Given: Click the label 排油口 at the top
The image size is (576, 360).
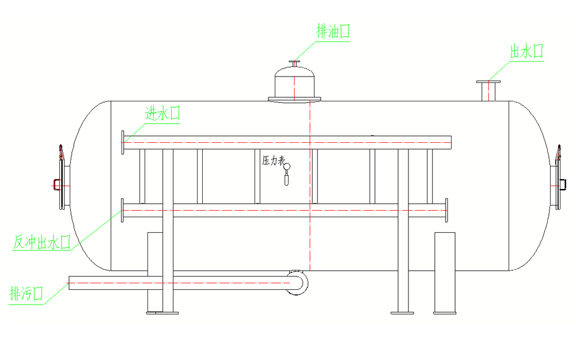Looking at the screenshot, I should pyautogui.click(x=333, y=31).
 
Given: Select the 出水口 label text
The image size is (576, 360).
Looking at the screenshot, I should pyautogui.click(x=526, y=51).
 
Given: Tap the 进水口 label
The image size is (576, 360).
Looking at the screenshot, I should pyautogui.click(x=162, y=113).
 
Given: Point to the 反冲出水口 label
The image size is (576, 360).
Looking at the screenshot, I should pyautogui.click(x=41, y=242).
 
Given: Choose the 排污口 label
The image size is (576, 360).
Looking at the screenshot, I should pyautogui.click(x=26, y=294).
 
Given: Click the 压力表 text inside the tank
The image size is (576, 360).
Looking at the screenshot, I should pyautogui.click(x=274, y=161).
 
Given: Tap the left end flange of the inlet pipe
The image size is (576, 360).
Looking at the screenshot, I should pyautogui.click(x=123, y=142).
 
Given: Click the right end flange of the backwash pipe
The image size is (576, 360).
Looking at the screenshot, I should pyautogui.click(x=446, y=210).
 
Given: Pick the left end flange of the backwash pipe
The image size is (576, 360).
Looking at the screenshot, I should pyautogui.click(x=123, y=211).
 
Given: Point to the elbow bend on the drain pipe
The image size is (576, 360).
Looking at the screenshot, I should pyautogui.click(x=298, y=282).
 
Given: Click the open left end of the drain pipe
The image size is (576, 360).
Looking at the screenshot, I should pyautogui.click(x=70, y=282).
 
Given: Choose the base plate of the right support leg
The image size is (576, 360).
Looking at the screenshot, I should pyautogui.click(x=403, y=313).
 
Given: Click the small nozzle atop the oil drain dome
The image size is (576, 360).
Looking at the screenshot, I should pyautogui.click(x=295, y=63).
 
